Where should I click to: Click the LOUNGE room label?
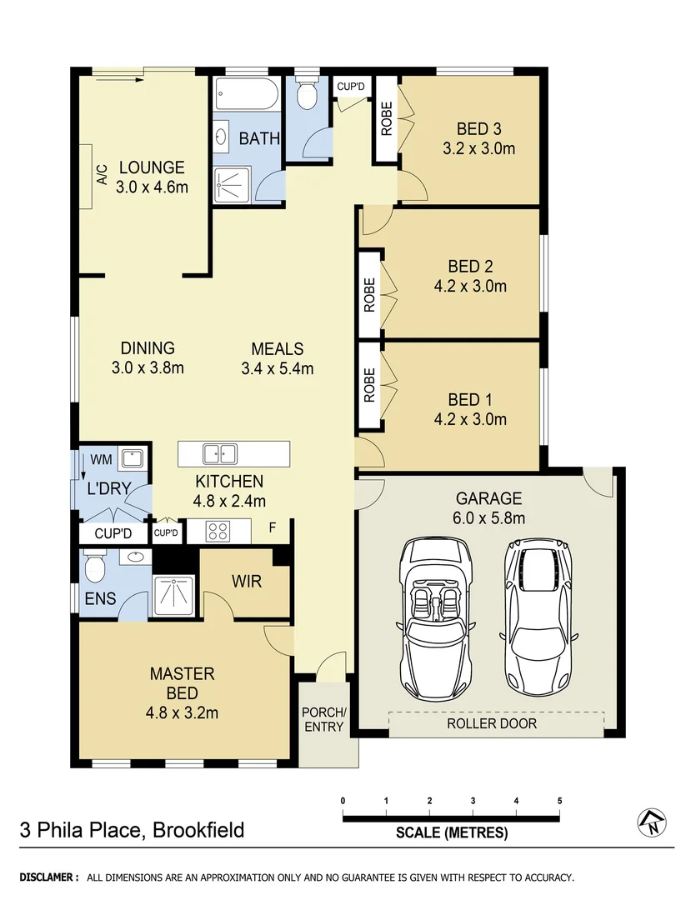pyautogui.click(x=151, y=167)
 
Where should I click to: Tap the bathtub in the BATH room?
pyautogui.click(x=247, y=94)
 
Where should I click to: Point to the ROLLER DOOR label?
pyautogui.click(x=492, y=723)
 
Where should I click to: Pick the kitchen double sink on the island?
pyautogui.click(x=220, y=454)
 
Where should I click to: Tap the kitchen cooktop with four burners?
pyautogui.click(x=218, y=531)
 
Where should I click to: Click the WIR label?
pyautogui.click(x=247, y=581)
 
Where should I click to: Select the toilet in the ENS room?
pyautogui.click(x=94, y=570)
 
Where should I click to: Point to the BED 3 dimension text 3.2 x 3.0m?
pyautogui.click(x=479, y=149)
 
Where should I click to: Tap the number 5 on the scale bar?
pyautogui.click(x=560, y=801)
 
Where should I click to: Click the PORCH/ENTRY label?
pyautogui.click(x=323, y=719)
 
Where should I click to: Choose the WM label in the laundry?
pyautogui.click(x=101, y=459)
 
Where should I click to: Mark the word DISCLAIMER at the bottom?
pyautogui.click(x=49, y=877)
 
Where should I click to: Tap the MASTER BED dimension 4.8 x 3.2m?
pyautogui.click(x=183, y=712)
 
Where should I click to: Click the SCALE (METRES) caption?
pyautogui.click(x=451, y=832)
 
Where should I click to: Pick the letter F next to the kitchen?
pyautogui.click(x=272, y=527)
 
